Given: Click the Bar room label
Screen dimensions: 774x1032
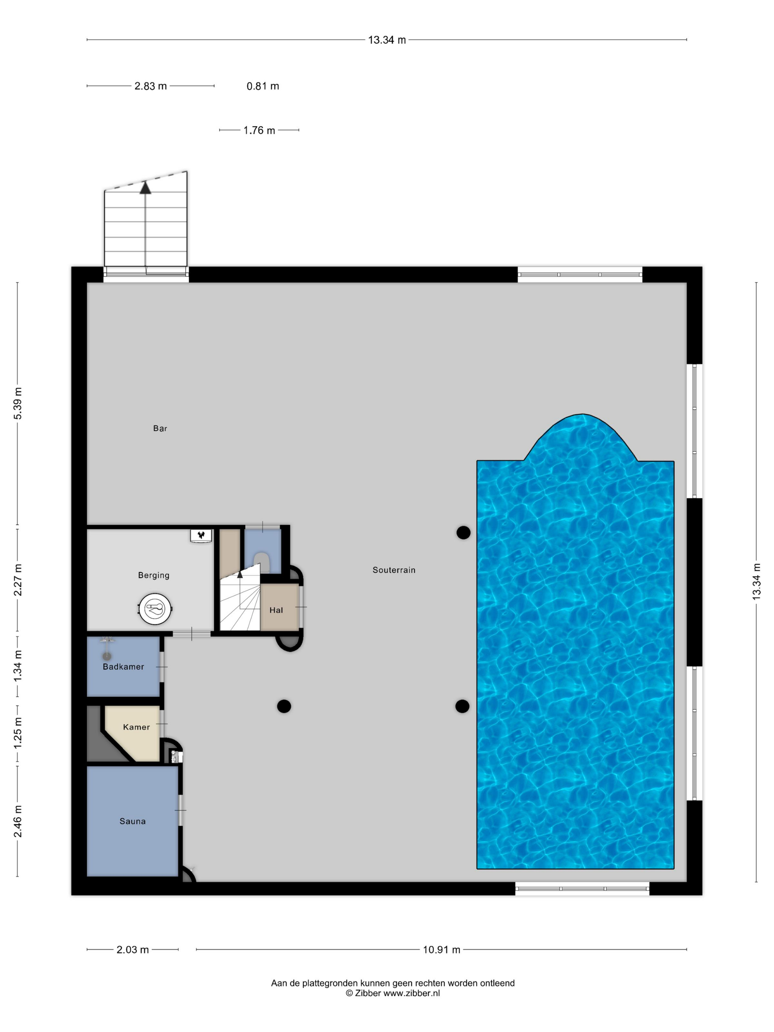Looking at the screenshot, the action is (160, 428).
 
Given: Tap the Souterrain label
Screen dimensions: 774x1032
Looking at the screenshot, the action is (394, 570).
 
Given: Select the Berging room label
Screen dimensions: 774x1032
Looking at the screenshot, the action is (153, 575).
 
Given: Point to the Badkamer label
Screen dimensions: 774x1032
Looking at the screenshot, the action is (123, 667).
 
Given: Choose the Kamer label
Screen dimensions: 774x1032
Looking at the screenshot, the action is (136, 727).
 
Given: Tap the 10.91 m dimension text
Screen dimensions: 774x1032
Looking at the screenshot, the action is (441, 949).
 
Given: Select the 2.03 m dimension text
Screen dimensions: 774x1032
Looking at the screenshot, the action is (132, 949).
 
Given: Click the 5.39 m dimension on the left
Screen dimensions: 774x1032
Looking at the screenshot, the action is (18, 404).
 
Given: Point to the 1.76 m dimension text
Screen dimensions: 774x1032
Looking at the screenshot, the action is (259, 130).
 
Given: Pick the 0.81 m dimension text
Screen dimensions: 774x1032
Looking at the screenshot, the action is (263, 86).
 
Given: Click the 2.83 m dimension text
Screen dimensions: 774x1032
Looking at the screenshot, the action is (150, 86).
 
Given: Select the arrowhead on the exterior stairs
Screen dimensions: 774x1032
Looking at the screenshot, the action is (146, 188).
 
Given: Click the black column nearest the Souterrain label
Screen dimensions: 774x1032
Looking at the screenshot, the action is (463, 532).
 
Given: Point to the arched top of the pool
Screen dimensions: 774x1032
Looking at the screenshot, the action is (581, 415).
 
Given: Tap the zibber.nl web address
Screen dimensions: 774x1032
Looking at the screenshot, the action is (411, 993).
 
